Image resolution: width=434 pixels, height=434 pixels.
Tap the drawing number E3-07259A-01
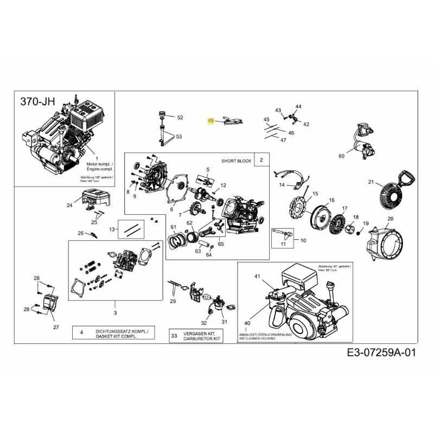pos(381,353)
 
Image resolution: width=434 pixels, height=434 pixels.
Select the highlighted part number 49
pos(212,122)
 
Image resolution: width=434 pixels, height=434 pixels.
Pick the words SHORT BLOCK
pos(234,161)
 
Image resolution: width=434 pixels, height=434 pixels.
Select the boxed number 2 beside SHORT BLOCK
pos(261,160)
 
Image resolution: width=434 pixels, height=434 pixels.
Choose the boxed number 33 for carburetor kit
pos(174,336)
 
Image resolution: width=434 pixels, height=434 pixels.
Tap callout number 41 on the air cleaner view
pos(257,276)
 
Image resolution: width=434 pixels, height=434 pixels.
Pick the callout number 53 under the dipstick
pos(178,137)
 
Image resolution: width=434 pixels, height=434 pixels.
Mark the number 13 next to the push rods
pos(112,229)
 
